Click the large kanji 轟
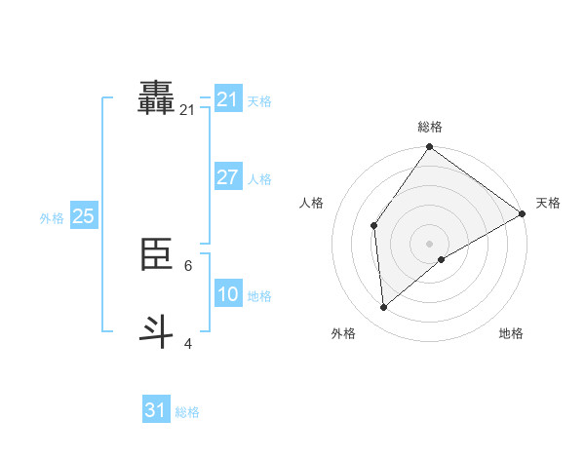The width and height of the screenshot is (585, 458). [157, 98]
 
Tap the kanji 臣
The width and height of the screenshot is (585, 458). [157, 255]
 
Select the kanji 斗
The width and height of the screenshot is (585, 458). [157, 329]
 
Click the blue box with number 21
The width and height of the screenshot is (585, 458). [228, 99]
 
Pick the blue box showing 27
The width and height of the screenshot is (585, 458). [228, 177]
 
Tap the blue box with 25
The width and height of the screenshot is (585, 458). [83, 216]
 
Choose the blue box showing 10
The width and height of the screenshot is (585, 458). [228, 294]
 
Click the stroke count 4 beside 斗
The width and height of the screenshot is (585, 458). [187, 343]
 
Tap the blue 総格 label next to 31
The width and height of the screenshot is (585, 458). [187, 412]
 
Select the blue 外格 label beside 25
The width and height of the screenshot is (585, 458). [52, 218]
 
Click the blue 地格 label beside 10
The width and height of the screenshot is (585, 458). [259, 296]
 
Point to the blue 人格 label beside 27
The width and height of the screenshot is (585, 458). [259, 179]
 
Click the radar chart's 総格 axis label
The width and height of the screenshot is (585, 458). [429, 127]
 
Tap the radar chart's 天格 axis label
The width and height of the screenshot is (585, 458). [548, 203]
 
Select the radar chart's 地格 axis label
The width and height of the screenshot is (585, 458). [511, 333]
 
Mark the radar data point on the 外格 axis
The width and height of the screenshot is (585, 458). [384, 308]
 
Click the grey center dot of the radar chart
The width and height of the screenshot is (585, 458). [429, 243]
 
